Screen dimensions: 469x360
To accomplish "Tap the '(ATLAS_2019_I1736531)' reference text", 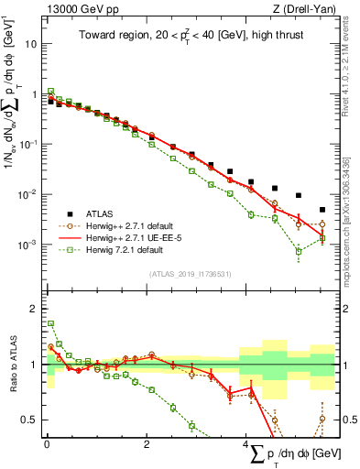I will [x=190, y=273].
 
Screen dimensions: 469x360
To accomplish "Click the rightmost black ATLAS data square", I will [x=322, y=210].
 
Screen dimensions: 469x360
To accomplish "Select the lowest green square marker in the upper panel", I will [x=299, y=251].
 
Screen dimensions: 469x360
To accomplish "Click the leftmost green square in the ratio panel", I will [x=50, y=323].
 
